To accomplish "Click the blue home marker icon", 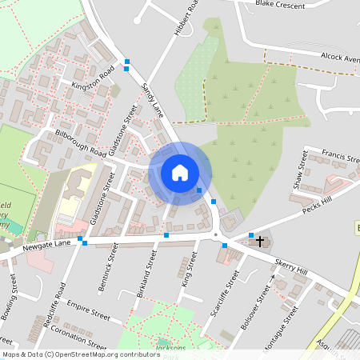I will pyautogui.click(x=180, y=173).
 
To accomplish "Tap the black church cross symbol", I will pyautogui.click(x=261, y=239).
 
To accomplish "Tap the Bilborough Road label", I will pyautogui.click(x=81, y=142).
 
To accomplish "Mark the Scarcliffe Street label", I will pyautogui.click(x=223, y=294).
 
